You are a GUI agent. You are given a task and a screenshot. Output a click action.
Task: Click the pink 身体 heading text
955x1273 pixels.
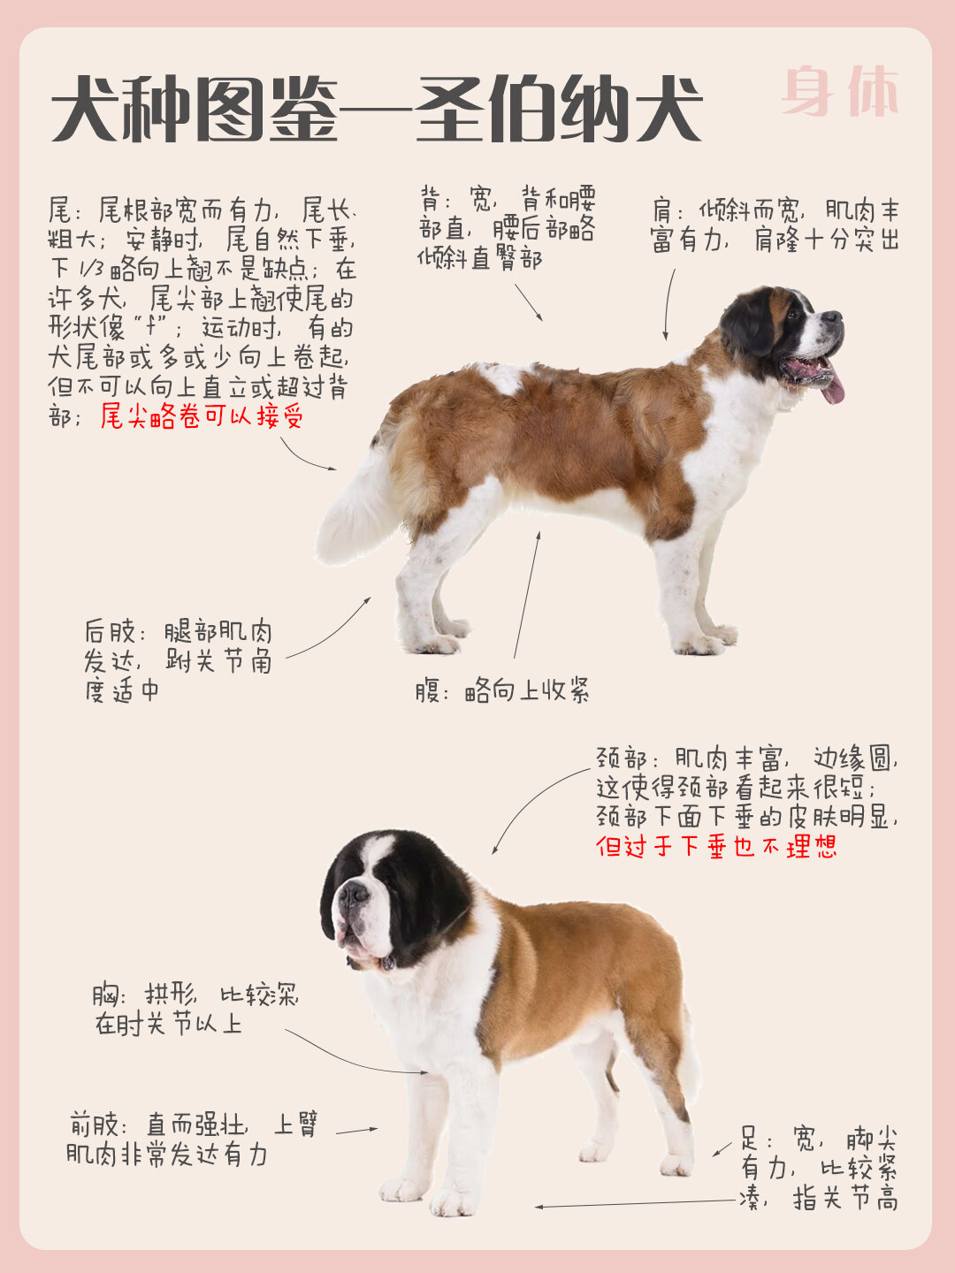click(840, 90)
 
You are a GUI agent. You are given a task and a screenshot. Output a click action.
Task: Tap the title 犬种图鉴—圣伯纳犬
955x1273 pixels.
click(376, 111)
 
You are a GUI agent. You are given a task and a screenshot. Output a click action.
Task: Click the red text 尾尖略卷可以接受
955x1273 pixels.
click(202, 415)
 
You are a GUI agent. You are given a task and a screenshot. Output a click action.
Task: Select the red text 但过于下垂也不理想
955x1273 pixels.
click(716, 846)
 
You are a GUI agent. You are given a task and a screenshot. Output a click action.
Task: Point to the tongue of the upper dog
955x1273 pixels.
click(832, 386)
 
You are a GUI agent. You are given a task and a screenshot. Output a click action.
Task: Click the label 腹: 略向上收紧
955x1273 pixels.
click(502, 690)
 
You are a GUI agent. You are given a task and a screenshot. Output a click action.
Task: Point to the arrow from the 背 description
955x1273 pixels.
click(529, 303)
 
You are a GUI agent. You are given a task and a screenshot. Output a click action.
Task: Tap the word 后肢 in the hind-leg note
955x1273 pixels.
click(111, 632)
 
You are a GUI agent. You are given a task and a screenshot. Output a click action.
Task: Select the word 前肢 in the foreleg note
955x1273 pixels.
click(95, 1124)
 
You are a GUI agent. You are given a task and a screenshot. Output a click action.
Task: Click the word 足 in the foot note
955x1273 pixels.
click(751, 1139)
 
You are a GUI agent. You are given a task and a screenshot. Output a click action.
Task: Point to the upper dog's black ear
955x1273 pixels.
click(748, 323)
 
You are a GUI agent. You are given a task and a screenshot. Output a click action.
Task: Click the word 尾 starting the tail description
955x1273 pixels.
click(59, 210)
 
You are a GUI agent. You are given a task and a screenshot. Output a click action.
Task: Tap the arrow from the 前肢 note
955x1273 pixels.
click(356, 1130)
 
